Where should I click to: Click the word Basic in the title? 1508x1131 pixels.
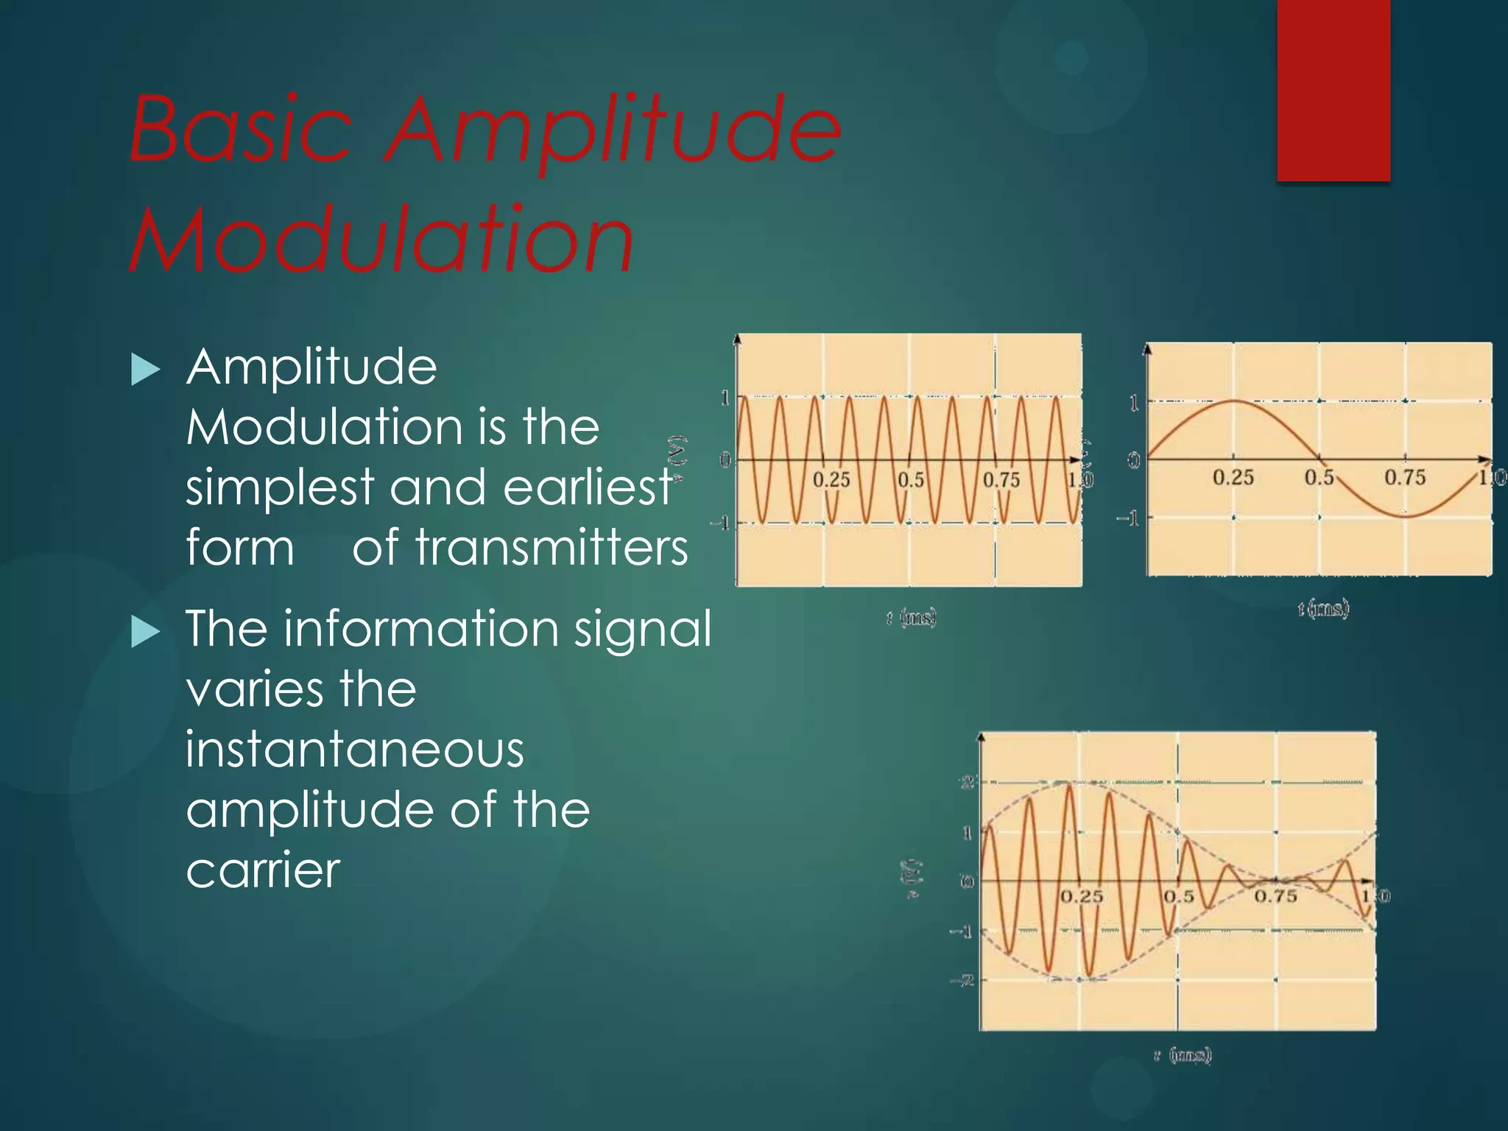(241, 130)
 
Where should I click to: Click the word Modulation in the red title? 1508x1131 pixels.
(381, 239)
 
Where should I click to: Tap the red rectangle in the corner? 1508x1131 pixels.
(1333, 90)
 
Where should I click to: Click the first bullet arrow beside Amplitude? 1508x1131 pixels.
(145, 369)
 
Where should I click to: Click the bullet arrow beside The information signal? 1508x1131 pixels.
(145, 632)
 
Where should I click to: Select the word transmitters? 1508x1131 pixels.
(520, 548)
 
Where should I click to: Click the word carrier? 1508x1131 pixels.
(263, 870)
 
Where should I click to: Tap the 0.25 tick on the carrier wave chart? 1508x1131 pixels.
(831, 480)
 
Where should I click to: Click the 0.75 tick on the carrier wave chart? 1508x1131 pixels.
(1001, 480)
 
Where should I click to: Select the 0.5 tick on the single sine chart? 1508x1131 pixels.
(1319, 477)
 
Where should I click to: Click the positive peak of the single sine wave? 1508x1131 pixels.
(1234, 401)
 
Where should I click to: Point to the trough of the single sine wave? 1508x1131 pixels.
(1405, 516)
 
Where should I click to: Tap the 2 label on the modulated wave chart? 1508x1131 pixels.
(968, 782)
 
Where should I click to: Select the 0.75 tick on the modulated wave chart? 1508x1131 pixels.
(1275, 896)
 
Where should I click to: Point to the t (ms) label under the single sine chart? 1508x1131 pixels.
(1323, 608)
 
